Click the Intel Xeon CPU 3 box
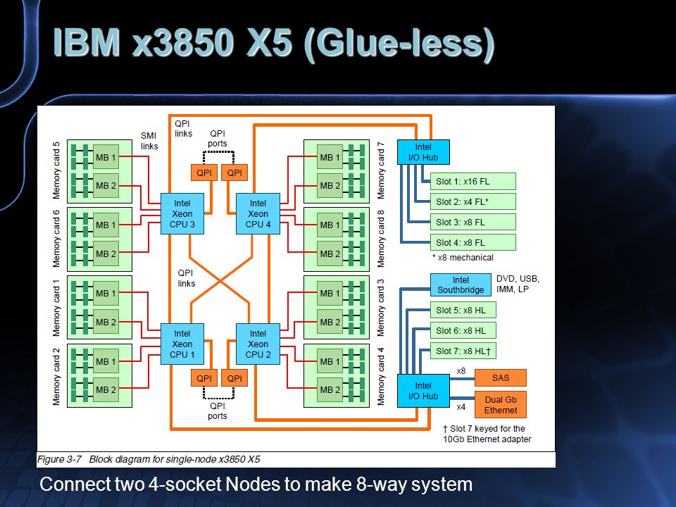[182, 214]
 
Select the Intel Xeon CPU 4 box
[258, 214]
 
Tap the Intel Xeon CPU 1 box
[182, 344]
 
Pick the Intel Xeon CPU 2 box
[258, 344]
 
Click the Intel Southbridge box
[461, 285]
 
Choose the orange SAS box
[501, 377]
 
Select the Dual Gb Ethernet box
[501, 405]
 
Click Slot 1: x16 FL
[473, 182]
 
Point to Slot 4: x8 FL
[473, 243]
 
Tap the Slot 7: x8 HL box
[463, 351]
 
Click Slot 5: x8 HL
[463, 310]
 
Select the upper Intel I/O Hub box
[423, 152]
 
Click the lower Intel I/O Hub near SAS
[423, 391]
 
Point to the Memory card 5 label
[56, 170]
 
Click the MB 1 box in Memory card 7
[330, 157]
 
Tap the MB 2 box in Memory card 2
[106, 389]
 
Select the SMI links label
[149, 141]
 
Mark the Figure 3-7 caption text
[149, 459]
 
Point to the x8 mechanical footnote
[463, 258]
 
